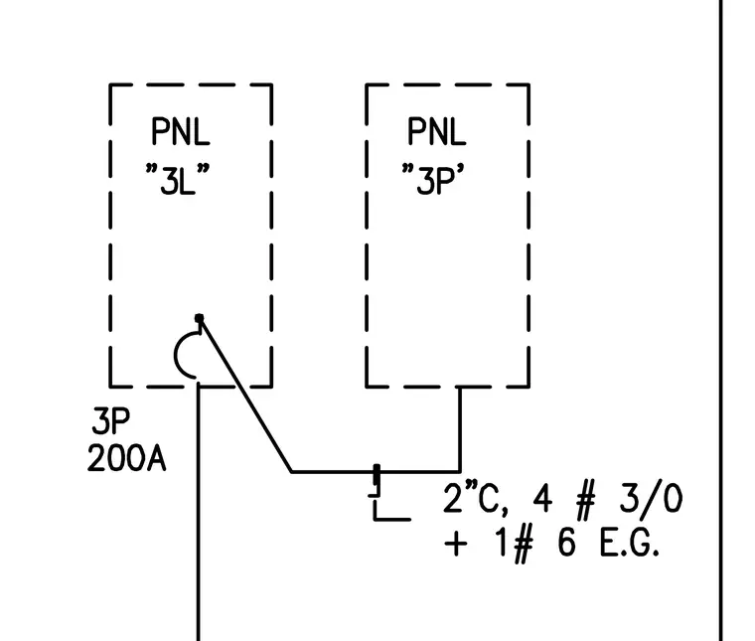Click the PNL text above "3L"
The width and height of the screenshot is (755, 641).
181,131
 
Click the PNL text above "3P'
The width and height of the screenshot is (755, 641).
437,131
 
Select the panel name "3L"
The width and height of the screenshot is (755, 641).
178,179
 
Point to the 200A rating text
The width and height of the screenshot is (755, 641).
126,458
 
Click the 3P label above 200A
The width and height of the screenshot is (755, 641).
110,421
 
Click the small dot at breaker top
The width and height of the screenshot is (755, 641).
199,318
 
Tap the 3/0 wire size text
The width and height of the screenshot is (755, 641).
651,499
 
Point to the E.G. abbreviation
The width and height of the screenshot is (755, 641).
629,544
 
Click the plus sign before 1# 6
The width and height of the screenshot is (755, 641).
456,545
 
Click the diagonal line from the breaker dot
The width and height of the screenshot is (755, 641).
245,395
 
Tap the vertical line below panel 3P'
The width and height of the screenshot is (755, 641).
460,429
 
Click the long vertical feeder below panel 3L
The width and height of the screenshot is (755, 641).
198,512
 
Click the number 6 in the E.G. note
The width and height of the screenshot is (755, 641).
566,543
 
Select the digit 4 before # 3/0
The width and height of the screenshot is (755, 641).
542,499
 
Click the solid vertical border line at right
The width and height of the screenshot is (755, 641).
721,320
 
